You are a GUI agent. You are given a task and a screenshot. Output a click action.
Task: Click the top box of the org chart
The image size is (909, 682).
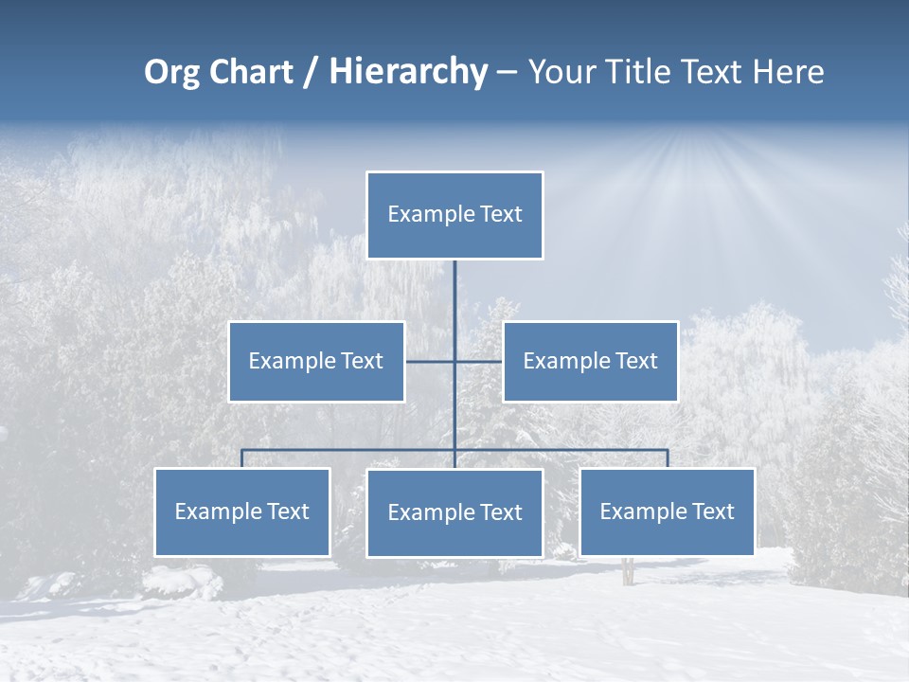[x=454, y=215]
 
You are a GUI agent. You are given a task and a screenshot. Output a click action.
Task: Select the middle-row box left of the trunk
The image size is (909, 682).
[x=316, y=361]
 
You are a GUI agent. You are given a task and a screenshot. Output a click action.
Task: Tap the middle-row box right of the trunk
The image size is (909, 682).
[x=590, y=361]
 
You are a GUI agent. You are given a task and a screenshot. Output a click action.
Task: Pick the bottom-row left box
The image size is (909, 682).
[x=242, y=511]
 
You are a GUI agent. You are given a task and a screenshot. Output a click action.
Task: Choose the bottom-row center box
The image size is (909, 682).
[x=454, y=512]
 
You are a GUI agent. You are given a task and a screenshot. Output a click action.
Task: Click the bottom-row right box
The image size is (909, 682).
[x=667, y=511]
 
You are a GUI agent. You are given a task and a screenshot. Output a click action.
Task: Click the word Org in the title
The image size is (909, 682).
[x=171, y=72]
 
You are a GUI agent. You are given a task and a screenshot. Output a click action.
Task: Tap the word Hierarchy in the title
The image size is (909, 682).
[x=408, y=72]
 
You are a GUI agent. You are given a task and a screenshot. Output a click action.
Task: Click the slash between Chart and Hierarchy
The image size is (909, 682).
[x=311, y=72]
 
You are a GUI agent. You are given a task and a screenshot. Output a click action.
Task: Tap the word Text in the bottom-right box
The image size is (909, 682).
[x=711, y=511]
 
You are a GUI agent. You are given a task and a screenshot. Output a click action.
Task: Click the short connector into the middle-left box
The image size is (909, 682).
[x=430, y=361]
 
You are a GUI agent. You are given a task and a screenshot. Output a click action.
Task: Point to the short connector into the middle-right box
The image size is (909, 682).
[x=479, y=361]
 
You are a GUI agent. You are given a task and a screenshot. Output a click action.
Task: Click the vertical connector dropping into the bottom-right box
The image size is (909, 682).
[x=668, y=458]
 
